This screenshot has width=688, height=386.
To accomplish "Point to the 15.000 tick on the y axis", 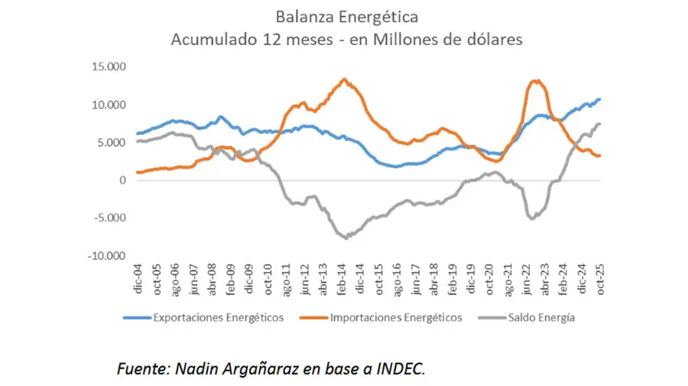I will (108, 66).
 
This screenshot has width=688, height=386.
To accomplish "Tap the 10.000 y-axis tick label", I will (108, 105).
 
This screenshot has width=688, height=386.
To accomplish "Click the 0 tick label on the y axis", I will (122, 180).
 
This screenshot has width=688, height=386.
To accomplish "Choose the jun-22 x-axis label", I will (527, 281).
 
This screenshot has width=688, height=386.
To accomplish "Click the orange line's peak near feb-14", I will (344, 79).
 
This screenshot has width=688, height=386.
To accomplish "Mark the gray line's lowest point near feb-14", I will (346, 238).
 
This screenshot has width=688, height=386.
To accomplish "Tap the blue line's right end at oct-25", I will (600, 99).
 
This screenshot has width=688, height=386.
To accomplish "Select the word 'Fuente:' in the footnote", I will (142, 368).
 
